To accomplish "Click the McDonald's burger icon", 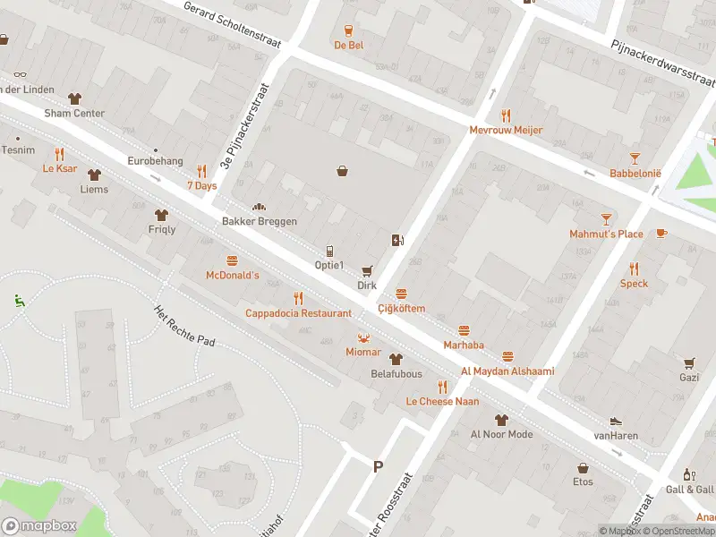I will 232,260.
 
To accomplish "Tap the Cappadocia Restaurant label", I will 298,313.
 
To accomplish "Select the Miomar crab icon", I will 364,337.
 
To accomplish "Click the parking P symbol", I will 378,465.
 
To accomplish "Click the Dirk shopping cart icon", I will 366,270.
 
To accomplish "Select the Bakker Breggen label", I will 259,221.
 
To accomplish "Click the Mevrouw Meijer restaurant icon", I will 506,115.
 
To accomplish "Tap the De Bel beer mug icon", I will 349,30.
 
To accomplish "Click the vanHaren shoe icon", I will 616,422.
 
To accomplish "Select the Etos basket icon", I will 583,467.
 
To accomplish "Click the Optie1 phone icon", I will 329,251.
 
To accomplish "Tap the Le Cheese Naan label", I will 441,401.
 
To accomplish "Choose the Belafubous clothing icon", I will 395,359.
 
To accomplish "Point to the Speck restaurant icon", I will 634,268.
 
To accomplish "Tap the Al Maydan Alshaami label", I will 507,371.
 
